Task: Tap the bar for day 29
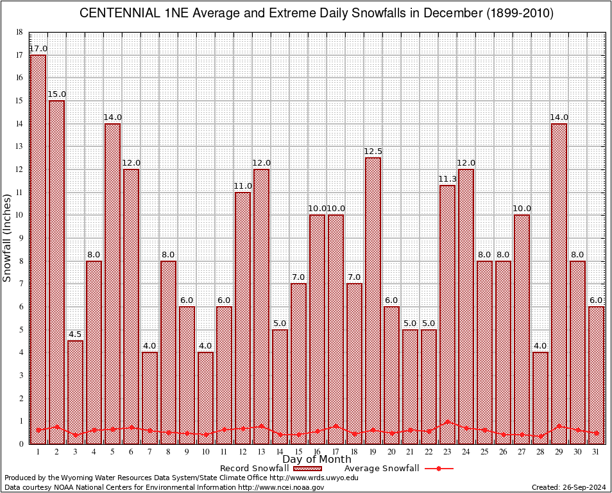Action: [559, 283]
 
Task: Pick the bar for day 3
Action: [75, 392]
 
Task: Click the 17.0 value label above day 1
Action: [38, 49]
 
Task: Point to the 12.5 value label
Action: [373, 151]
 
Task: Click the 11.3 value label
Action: [447, 179]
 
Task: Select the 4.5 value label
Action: [75, 334]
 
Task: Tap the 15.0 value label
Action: [56, 94]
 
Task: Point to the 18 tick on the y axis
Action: [19, 32]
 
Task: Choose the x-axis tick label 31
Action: [596, 451]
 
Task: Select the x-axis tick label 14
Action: [280, 451]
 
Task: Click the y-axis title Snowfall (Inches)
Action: [7, 238]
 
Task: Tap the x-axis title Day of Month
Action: [317, 460]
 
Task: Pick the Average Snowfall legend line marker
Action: [439, 469]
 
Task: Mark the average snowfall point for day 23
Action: [447, 422]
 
